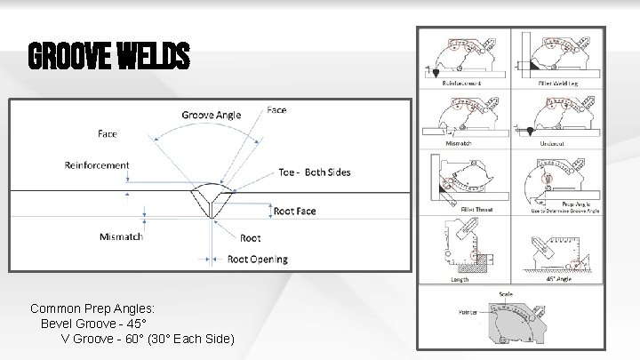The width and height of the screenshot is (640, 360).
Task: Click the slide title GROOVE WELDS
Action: pos(109,58)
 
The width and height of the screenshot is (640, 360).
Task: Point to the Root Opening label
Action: pos(258,259)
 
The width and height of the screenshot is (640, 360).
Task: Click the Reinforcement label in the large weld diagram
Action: pos(96,164)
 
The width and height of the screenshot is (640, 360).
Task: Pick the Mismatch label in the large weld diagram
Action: pos(119,236)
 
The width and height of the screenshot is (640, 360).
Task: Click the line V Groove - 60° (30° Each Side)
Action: pos(148,339)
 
